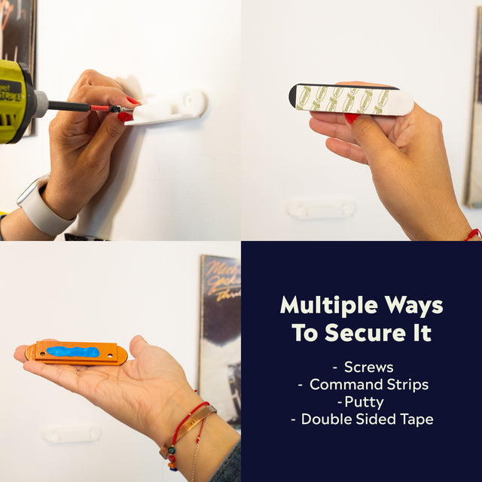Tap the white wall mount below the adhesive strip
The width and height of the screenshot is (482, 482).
(x=322, y=208)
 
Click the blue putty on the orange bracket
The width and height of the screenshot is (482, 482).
(x=72, y=352)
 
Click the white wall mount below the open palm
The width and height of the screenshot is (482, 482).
(x=72, y=433)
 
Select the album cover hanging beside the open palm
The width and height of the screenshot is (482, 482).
(x=220, y=316)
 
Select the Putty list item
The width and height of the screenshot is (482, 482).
(x=361, y=402)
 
